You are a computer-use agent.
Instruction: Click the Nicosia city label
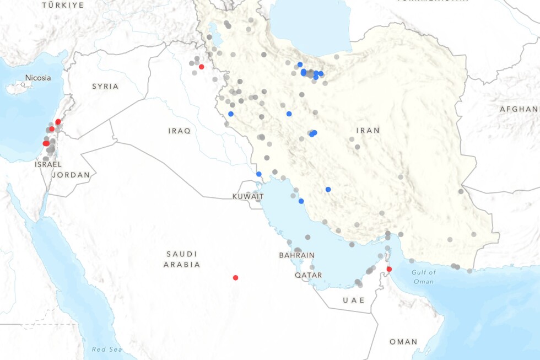38,78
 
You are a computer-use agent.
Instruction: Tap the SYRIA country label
105,86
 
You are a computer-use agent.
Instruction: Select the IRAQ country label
180,131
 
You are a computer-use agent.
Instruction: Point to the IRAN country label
368,130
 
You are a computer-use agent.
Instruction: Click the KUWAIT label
248,196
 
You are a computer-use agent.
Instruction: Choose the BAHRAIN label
296,255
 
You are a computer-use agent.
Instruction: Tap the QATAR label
308,275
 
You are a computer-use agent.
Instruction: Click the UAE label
354,300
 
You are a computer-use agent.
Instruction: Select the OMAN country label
403,342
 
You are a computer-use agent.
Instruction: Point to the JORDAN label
71,175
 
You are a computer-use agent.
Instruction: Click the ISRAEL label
48,164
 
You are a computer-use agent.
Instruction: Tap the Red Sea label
106,350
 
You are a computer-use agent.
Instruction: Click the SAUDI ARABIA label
182,259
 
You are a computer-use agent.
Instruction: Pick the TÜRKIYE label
63,5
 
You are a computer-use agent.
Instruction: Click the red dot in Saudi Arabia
235,278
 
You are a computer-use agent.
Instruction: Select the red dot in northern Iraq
201,67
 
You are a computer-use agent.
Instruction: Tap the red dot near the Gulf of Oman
389,269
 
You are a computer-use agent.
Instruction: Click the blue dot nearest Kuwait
259,174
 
